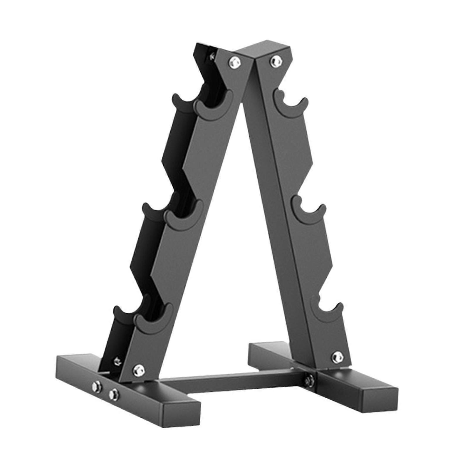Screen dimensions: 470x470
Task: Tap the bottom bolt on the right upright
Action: coord(337,357)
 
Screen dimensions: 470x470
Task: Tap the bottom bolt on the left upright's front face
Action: coord(137,369)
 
